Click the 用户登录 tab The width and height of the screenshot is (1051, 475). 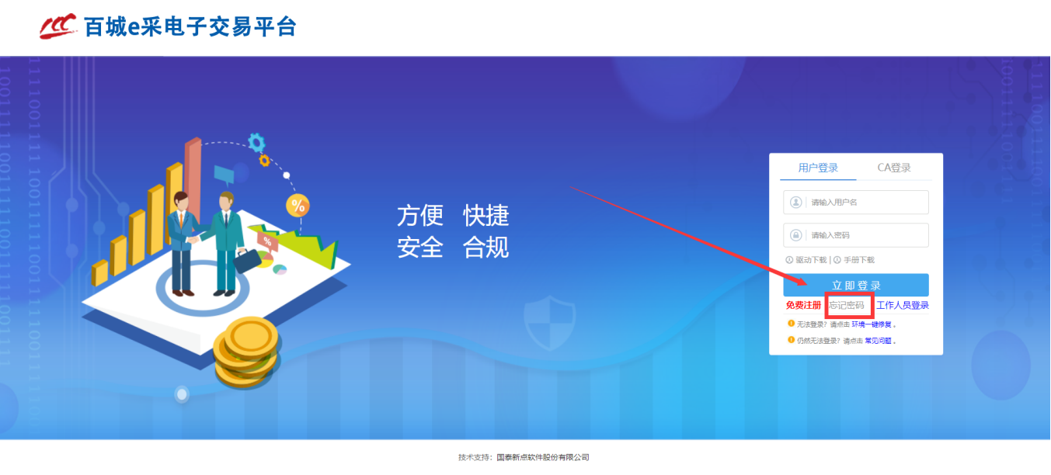[x=818, y=168]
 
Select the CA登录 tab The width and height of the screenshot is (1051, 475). [x=894, y=168]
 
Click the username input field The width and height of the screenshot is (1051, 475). [x=856, y=202]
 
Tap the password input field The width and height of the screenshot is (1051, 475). [x=856, y=235]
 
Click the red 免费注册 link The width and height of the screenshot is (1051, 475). [x=803, y=305]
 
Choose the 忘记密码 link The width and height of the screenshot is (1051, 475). [x=847, y=305]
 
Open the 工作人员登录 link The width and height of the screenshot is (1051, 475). [x=903, y=305]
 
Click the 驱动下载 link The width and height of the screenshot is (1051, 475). [x=811, y=260]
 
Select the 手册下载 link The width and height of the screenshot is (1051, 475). [x=859, y=260]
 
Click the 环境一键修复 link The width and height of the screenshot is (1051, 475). [x=872, y=324]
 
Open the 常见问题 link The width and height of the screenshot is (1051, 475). [x=878, y=341]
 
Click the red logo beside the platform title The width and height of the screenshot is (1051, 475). [x=58, y=26]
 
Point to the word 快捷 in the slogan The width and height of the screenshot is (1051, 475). [x=486, y=216]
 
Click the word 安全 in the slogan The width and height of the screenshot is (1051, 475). [x=420, y=247]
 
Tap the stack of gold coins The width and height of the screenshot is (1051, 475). [x=247, y=352]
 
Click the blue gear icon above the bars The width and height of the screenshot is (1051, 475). [x=256, y=143]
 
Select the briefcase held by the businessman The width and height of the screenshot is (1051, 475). [x=247, y=261]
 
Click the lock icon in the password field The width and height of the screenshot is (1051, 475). [x=795, y=235]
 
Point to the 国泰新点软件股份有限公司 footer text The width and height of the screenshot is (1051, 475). [x=543, y=457]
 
